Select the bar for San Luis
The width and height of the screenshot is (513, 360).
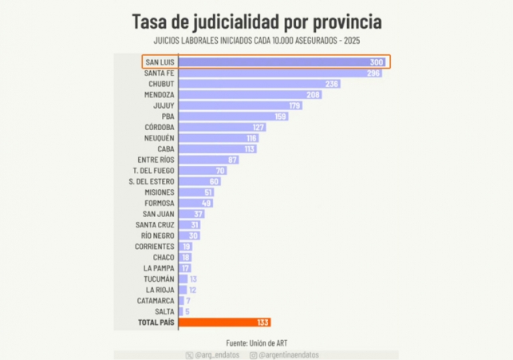click(x=283, y=62)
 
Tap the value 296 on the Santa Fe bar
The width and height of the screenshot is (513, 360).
click(x=372, y=73)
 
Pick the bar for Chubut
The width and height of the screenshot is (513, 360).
click(x=259, y=84)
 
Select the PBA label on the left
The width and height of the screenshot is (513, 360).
click(x=167, y=117)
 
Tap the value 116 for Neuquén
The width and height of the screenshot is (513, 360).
click(x=251, y=138)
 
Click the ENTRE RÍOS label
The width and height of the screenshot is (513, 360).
click(x=156, y=160)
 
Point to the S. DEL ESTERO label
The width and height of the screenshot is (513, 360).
click(x=152, y=181)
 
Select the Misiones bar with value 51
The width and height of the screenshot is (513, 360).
click(x=196, y=192)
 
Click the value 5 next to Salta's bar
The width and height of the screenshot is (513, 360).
click(x=187, y=311)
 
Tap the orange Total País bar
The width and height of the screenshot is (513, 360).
click(x=225, y=322)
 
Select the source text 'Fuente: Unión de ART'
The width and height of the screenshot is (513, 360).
click(x=256, y=341)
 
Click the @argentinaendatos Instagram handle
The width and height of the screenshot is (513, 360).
click(x=292, y=354)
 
